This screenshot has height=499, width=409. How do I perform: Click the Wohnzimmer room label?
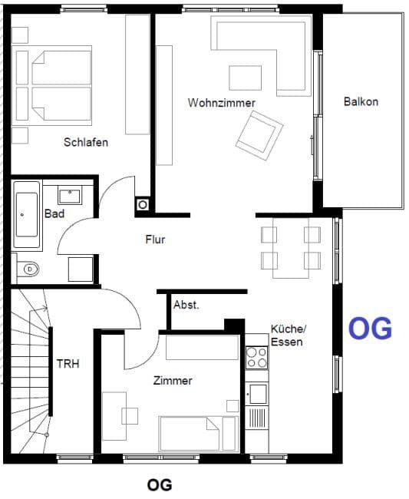[x=221, y=102]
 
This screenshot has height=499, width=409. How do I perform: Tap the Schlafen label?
[x=86, y=142]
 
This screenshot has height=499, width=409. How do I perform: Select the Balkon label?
[x=361, y=101]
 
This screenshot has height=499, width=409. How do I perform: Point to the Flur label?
[x=155, y=240]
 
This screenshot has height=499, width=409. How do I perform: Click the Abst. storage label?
[x=186, y=305]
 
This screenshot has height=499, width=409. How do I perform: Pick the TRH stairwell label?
[x=68, y=363]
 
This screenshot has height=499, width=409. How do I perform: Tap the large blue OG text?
[x=371, y=328]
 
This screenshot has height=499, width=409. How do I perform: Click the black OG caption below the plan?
[x=159, y=484]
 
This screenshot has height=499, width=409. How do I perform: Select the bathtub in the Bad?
[x=28, y=215]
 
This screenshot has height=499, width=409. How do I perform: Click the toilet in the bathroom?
[x=29, y=269]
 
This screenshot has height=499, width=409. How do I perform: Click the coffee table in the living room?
[x=245, y=78]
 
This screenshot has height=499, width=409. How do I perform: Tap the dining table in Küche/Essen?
[x=290, y=247]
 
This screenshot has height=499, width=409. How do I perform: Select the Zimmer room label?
[x=173, y=381]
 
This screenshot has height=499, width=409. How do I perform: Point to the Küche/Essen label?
[x=287, y=335]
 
